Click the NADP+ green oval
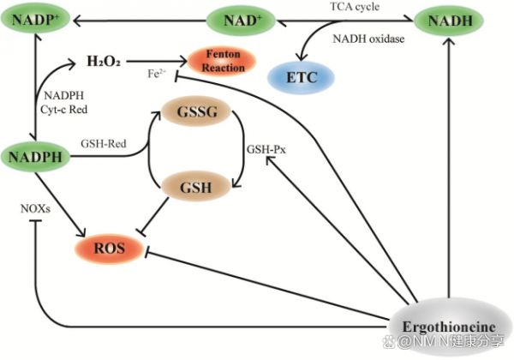[35, 20]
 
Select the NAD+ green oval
[242, 21]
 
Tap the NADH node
[450, 21]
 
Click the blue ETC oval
[302, 77]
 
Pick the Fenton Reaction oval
[223, 61]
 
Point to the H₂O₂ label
[104, 62]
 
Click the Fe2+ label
[157, 74]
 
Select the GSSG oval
[197, 111]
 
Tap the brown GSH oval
[196, 187]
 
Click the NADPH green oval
[35, 157]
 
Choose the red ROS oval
[110, 249]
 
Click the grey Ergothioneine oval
[449, 327]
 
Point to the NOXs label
[35, 208]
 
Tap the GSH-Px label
[266, 149]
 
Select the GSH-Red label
[104, 144]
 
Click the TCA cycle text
[355, 7]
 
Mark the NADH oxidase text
[368, 39]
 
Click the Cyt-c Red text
[64, 109]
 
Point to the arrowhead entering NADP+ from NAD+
[76, 21]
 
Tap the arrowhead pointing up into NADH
[449, 40]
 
